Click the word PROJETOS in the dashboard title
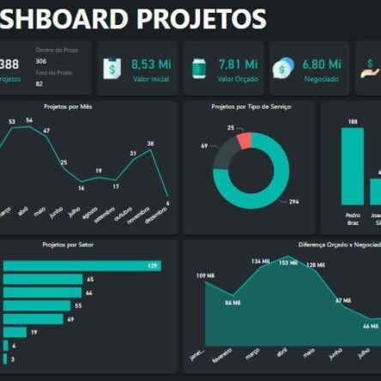point(214,18)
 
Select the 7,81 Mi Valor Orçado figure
point(238,64)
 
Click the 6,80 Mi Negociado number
point(323,64)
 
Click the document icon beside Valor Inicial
point(111,70)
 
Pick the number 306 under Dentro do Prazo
point(41,62)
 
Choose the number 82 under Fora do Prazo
point(39,84)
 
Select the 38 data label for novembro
point(150,143)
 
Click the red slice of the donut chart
point(245,141)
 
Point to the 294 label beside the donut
point(293,202)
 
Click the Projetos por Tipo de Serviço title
point(251,107)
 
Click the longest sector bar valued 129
point(82,266)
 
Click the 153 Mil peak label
point(287,262)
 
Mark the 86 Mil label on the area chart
point(233,303)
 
